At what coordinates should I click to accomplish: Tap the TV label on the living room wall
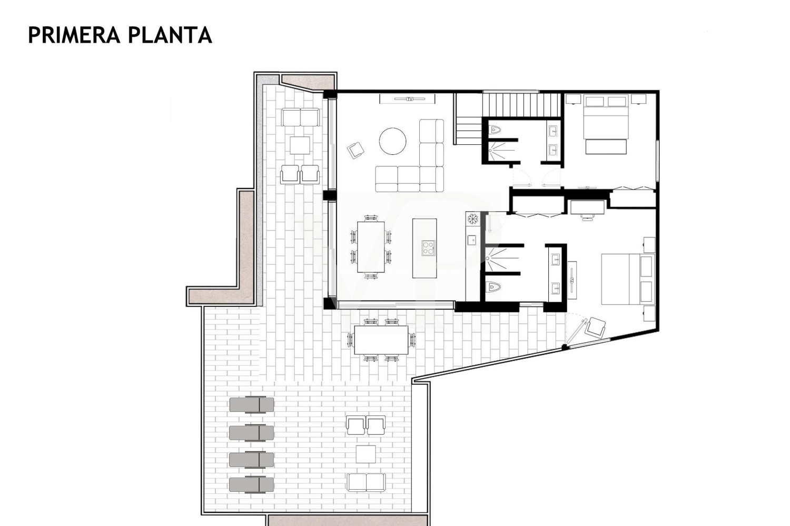pyautogui.click(x=409, y=99)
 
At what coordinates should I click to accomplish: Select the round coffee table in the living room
pyautogui.click(x=393, y=141)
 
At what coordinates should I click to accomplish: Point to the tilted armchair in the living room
pyautogui.click(x=356, y=150)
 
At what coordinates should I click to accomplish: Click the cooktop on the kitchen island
pyautogui.click(x=428, y=247)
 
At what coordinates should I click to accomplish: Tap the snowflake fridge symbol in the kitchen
pyautogui.click(x=472, y=218)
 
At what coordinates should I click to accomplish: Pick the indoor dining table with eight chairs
pyautogui.click(x=371, y=246)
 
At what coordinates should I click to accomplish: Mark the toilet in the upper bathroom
pyautogui.click(x=495, y=130)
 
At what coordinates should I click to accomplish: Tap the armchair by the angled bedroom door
pyautogui.click(x=597, y=327)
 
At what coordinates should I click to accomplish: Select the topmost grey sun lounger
pyautogui.click(x=252, y=404)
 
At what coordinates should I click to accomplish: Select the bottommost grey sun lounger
pyautogui.click(x=252, y=484)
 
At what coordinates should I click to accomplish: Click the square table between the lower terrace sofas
pyautogui.click(x=366, y=454)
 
